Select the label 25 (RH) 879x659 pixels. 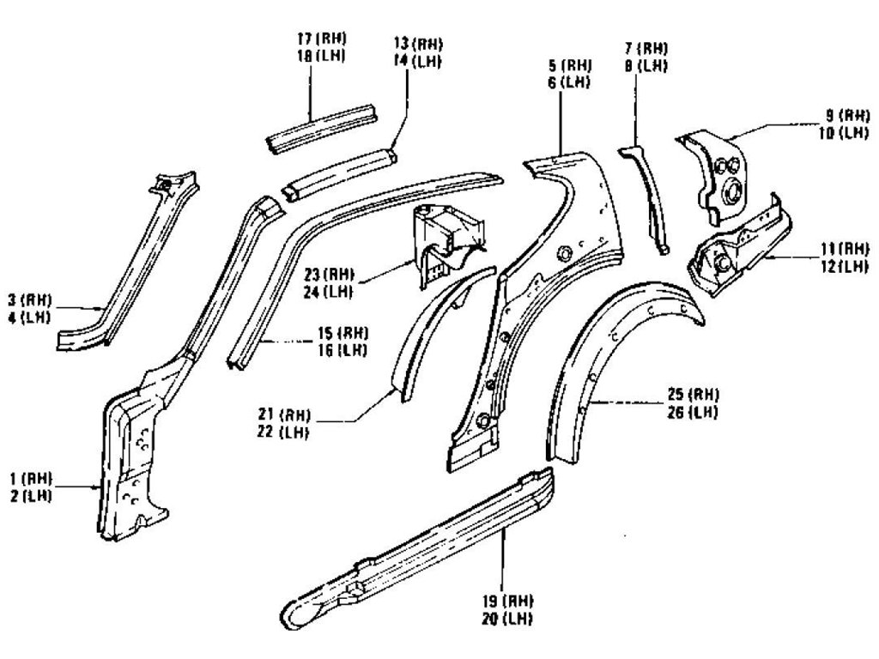(691, 394)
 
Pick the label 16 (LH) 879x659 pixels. (341, 348)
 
